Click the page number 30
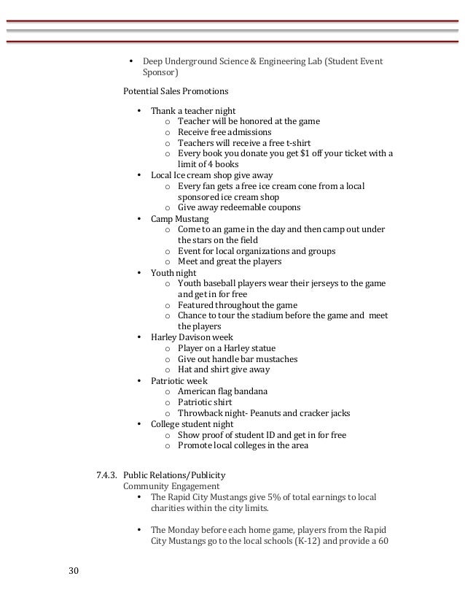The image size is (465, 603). point(74,569)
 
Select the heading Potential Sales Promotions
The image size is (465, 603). point(176,92)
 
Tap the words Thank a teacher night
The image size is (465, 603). point(193,111)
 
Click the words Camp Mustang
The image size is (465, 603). point(179,219)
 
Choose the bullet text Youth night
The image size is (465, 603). point(173,273)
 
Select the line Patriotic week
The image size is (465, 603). point(179,381)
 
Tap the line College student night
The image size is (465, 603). point(192,424)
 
